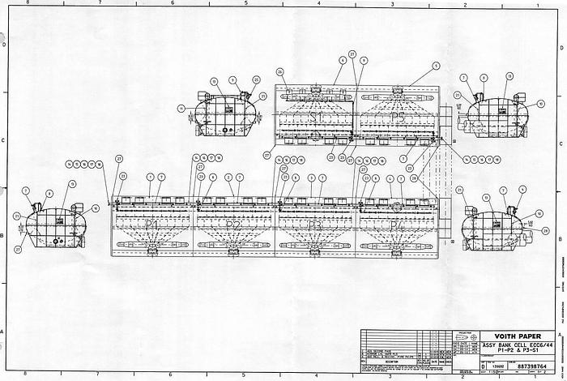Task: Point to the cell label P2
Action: (x=233, y=225)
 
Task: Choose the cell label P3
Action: (x=316, y=225)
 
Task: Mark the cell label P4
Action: (x=396, y=225)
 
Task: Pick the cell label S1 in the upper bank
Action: (x=317, y=117)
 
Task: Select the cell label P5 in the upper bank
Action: (x=397, y=117)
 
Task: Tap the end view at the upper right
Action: (x=493, y=113)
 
